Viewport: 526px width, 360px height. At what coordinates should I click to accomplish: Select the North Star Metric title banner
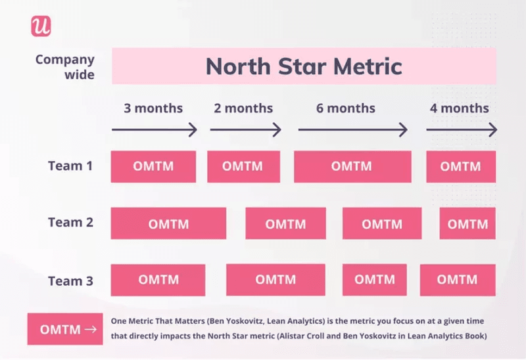click(304, 66)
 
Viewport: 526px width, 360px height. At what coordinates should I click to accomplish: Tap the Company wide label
click(65, 67)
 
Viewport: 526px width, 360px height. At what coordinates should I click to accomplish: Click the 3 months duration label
click(153, 108)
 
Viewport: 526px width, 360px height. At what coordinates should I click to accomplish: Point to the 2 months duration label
click(244, 108)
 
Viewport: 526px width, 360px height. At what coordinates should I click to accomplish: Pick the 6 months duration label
click(346, 108)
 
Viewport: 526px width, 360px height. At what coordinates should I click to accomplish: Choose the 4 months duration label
click(460, 108)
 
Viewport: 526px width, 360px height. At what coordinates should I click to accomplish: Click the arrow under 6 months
click(352, 130)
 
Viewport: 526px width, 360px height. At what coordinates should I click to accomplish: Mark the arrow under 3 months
click(155, 130)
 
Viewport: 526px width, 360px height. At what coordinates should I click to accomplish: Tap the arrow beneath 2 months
click(245, 130)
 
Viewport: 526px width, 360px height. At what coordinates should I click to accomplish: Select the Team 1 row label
click(70, 166)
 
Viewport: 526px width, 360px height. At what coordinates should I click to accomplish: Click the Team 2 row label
click(70, 223)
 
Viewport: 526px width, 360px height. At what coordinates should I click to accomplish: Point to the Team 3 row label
click(70, 281)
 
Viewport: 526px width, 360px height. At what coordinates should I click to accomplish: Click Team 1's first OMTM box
click(153, 166)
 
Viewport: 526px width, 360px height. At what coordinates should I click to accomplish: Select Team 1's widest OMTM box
click(352, 166)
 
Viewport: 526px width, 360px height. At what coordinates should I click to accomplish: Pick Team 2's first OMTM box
click(168, 224)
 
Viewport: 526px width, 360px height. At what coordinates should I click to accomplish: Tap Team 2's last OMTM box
click(467, 224)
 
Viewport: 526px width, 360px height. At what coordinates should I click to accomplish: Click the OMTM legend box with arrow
click(65, 329)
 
